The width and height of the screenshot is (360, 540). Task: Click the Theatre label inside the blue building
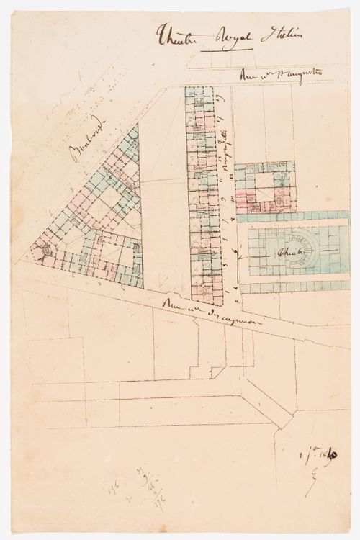(x=289, y=253)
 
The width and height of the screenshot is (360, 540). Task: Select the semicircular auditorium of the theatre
(x=302, y=245)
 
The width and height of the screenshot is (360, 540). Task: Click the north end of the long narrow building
(x=201, y=92)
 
